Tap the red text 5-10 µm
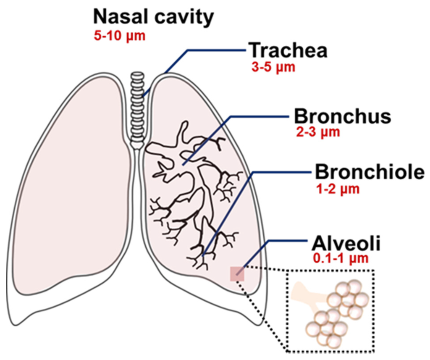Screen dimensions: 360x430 [119, 36]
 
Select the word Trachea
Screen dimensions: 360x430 [288, 50]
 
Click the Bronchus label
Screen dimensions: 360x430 [342, 116]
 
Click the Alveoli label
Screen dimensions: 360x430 [346, 244]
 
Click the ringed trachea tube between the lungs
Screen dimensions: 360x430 [137, 109]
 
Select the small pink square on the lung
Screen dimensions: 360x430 [236, 274]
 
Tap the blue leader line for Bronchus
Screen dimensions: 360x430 [252, 116]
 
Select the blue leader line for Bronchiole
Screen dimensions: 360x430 [235, 202]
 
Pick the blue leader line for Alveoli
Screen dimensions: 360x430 [277, 241]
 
